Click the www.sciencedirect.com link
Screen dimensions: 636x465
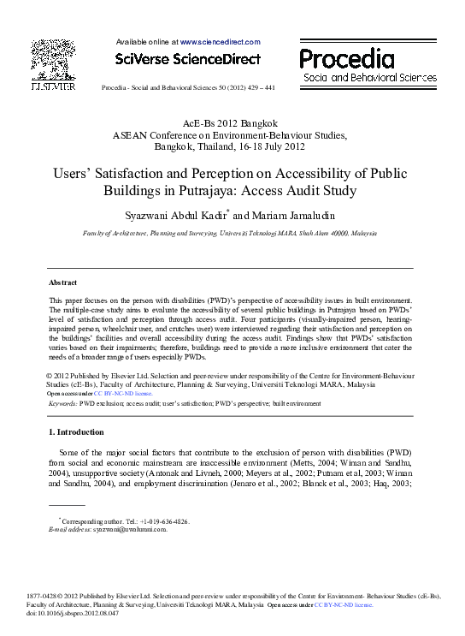[x=220, y=41]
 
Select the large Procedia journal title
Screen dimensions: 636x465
[x=347, y=59]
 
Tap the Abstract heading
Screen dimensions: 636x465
[x=62, y=282]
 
